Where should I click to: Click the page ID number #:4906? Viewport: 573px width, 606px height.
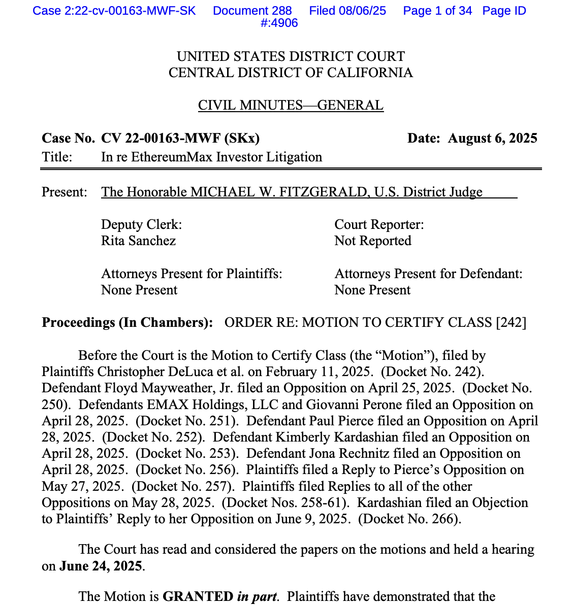279,23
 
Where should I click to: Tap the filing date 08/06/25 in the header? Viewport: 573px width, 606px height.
363,11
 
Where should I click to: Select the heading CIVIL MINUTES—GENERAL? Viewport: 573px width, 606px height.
291,105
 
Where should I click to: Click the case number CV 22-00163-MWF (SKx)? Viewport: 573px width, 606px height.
180,138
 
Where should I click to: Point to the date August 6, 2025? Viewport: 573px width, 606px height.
492,138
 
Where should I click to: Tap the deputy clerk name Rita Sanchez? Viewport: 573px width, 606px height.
138,241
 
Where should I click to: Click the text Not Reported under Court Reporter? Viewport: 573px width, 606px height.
372,241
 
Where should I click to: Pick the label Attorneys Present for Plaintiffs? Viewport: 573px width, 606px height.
192,274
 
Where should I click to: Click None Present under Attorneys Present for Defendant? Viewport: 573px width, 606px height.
372,290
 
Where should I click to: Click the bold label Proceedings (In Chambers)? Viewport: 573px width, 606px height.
128,322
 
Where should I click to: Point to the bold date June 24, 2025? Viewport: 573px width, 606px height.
101,565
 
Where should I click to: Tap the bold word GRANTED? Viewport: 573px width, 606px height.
197,596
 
